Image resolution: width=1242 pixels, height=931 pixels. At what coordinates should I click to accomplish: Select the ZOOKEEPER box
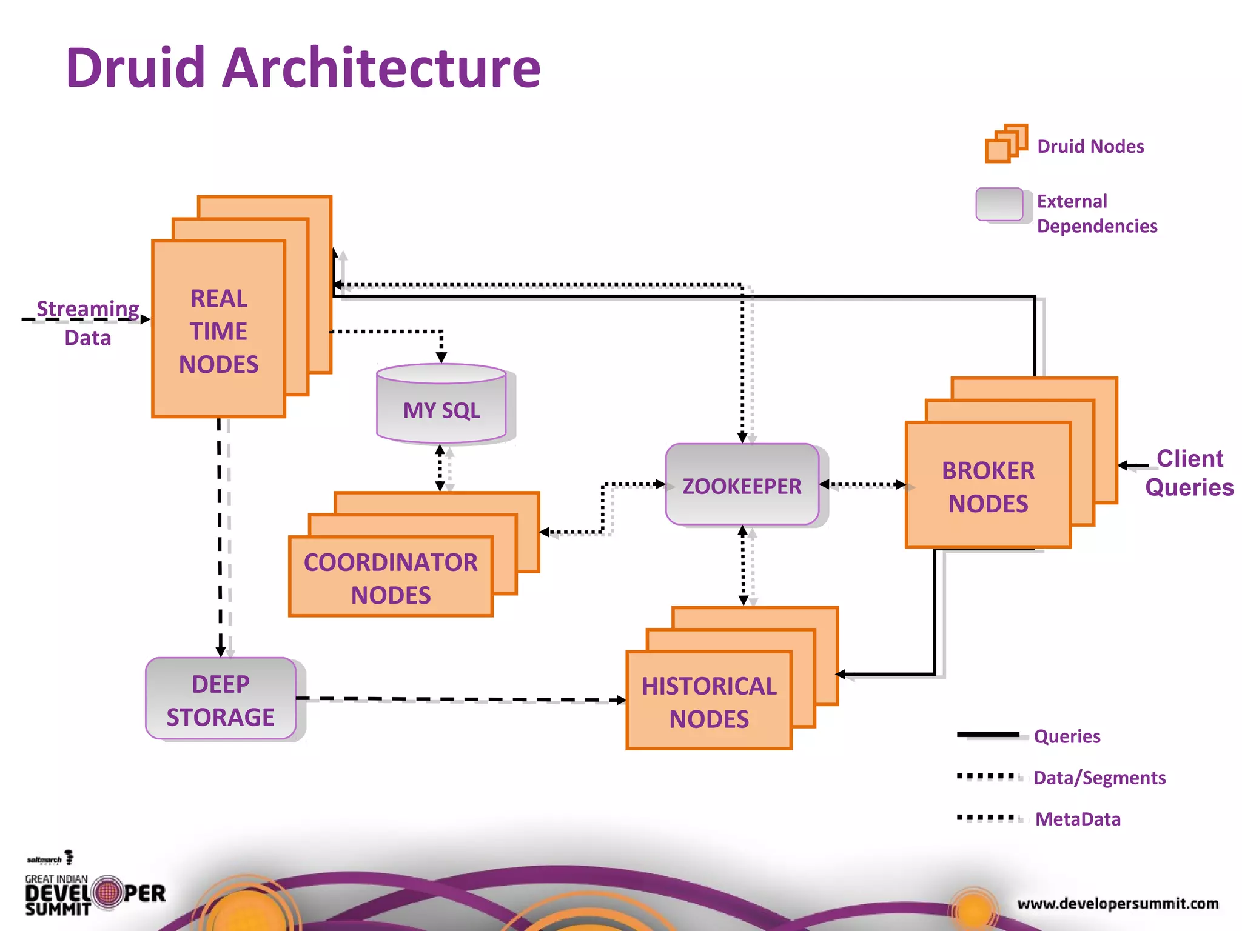[742, 485]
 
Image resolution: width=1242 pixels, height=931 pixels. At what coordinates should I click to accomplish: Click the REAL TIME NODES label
[218, 331]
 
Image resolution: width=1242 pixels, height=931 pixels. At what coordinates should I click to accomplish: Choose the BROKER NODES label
[988, 487]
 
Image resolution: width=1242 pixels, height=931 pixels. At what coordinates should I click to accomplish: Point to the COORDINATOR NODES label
[391, 578]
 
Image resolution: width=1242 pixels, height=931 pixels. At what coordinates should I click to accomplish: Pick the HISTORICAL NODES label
[709, 702]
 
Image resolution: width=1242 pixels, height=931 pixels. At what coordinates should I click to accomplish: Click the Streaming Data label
[88, 322]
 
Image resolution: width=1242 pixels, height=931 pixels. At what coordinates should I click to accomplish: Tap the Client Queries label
[1189, 472]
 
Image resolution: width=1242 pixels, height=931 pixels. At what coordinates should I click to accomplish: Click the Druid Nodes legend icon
[1005, 144]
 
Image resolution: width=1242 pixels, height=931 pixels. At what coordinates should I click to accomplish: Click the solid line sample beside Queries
[988, 735]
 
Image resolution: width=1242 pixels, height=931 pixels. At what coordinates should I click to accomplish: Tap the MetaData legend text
[1078, 819]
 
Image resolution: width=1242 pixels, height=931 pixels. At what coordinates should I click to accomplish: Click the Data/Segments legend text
[1099, 778]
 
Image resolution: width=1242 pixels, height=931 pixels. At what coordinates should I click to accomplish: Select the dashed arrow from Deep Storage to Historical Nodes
[461, 699]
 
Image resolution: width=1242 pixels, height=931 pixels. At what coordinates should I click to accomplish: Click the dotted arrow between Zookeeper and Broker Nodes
[862, 484]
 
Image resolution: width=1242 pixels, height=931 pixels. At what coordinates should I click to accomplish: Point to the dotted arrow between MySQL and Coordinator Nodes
[441, 468]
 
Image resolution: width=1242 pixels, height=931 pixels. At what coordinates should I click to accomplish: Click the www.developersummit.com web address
[1118, 903]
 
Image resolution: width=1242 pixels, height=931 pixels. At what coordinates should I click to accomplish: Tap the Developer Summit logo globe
[109, 892]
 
